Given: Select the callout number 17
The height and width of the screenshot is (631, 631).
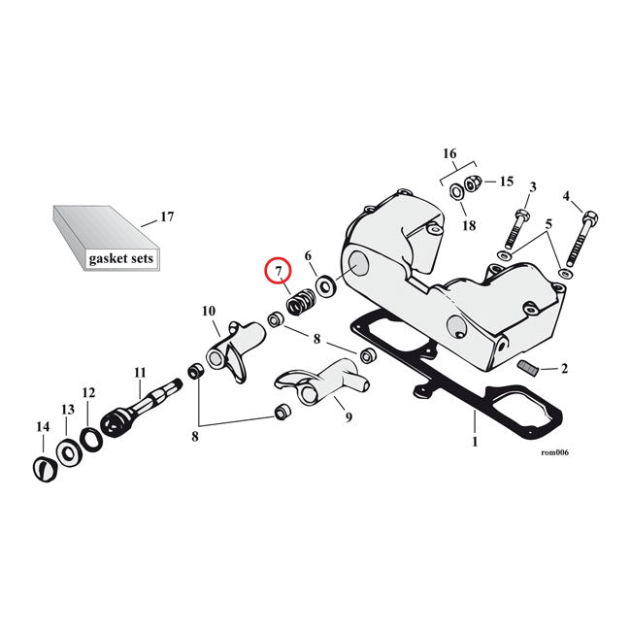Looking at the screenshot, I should (x=166, y=216).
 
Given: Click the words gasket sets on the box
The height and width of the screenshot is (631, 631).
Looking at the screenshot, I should (x=120, y=259).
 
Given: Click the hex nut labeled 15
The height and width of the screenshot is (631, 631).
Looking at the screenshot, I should (x=474, y=183).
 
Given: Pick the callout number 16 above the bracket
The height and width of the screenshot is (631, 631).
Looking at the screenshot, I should (x=448, y=153).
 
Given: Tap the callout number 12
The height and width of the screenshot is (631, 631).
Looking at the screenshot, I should (x=89, y=393).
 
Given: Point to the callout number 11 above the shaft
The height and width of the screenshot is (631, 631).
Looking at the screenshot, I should (x=140, y=373).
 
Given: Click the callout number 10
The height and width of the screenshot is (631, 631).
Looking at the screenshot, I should (x=208, y=311).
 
